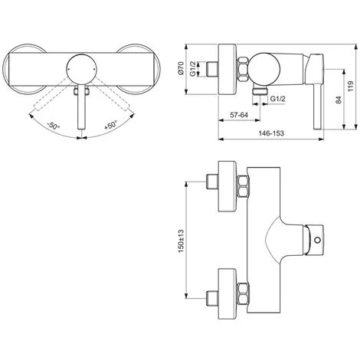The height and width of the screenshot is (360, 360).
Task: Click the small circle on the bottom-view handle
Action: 316,244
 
